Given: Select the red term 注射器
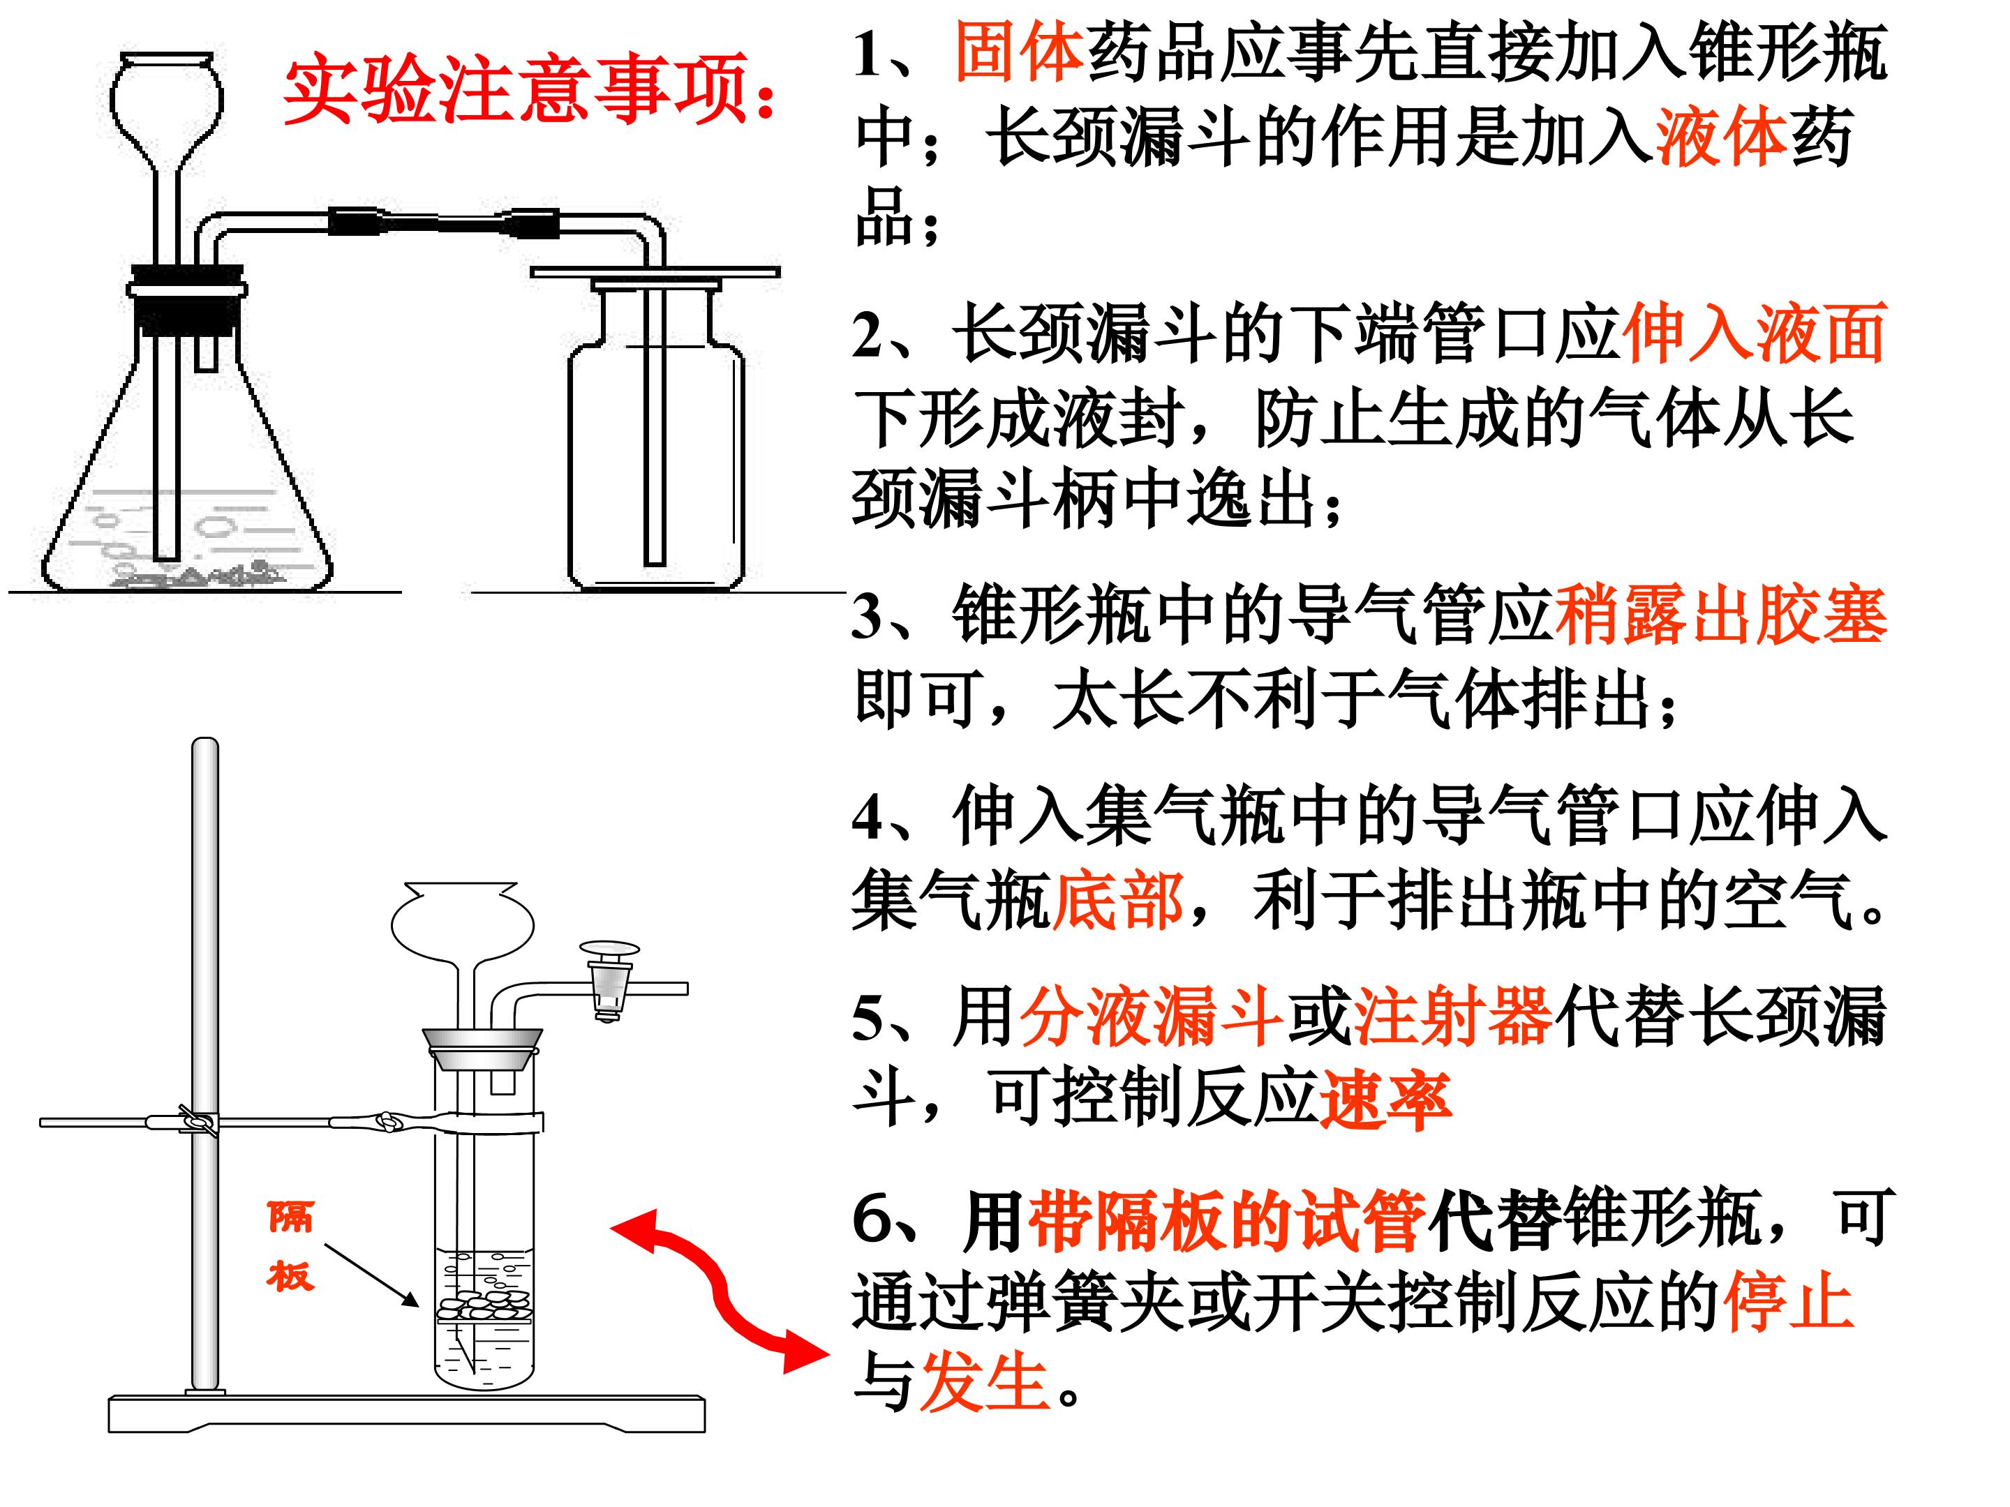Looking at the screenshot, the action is pyautogui.click(x=1453, y=1016).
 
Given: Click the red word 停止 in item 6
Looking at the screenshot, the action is pyautogui.click(x=1788, y=1300).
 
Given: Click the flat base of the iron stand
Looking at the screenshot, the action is pyautogui.click(x=407, y=1414).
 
